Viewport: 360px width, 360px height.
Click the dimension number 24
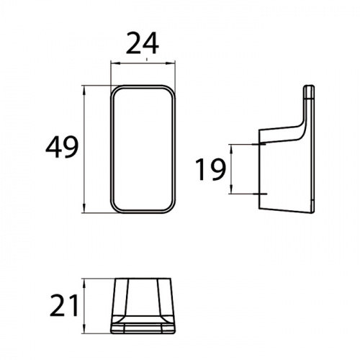(142, 43)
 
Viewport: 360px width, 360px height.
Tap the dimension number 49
(62, 147)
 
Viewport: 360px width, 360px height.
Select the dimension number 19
(210, 169)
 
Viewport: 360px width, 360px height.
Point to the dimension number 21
(64, 305)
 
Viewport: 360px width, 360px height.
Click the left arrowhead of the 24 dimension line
(114, 63)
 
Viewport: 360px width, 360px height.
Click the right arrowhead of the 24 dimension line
(171, 63)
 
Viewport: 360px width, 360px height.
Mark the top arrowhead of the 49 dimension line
(84, 90)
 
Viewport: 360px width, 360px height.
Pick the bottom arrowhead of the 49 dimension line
(84, 208)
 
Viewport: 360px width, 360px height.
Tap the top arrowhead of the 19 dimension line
(231, 149)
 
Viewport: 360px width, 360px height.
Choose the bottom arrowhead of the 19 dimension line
(231, 189)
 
